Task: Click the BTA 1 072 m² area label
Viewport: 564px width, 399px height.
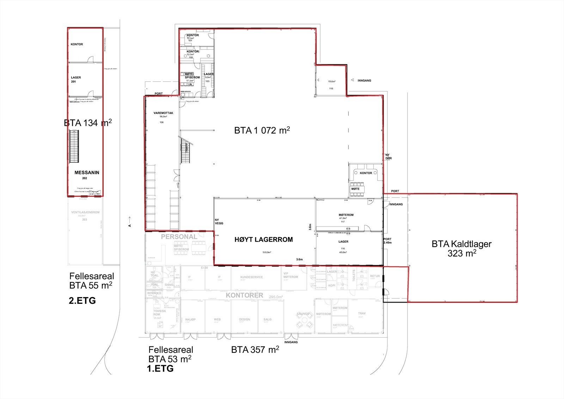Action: [x=262, y=130]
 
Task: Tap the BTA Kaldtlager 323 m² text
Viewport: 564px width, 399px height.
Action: [x=461, y=248]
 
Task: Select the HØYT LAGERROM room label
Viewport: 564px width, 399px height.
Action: [x=264, y=240]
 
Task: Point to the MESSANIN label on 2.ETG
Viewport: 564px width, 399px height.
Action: [x=87, y=173]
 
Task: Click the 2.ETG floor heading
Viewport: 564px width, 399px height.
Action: [x=82, y=301]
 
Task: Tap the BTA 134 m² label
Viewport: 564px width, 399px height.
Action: [x=87, y=123]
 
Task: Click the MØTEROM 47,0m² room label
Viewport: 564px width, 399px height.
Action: [x=346, y=215]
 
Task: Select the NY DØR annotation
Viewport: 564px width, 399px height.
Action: [x=388, y=157]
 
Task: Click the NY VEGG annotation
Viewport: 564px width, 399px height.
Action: [x=219, y=221]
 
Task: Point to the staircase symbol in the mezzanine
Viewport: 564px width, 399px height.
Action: [x=74, y=146]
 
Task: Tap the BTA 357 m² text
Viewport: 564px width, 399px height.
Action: [x=255, y=350]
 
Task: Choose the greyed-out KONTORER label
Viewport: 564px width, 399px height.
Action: [x=245, y=295]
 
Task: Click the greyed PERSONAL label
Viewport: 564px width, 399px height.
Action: [x=179, y=237]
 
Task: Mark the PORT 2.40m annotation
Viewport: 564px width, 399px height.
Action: [x=387, y=241]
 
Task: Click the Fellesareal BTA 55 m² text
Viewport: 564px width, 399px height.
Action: [x=91, y=280]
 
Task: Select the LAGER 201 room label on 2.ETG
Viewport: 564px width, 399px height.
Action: [x=76, y=79]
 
